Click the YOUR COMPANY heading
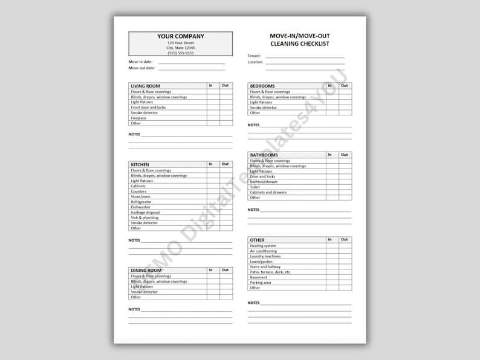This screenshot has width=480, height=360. [180, 36]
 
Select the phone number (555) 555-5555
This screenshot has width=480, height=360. [180, 53]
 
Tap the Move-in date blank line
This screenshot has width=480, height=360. [191, 62]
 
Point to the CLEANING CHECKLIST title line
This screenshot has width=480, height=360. [300, 44]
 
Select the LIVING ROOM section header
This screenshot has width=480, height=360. [145, 86]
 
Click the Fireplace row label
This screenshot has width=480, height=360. [138, 118]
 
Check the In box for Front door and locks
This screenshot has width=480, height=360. [213, 108]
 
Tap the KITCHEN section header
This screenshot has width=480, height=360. [140, 164]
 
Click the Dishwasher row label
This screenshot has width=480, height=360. [141, 207]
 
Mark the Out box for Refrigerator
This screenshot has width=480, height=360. [225, 202]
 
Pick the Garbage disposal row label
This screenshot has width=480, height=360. [145, 213]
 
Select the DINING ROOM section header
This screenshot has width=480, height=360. [145, 270]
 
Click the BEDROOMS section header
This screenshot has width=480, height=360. [262, 86]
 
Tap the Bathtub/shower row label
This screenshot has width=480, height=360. [264, 182]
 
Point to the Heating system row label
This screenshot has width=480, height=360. [262, 246]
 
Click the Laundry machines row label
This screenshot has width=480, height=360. [265, 256]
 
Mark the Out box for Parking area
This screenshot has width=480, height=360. [345, 282]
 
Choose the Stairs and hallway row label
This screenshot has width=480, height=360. [265, 266]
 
